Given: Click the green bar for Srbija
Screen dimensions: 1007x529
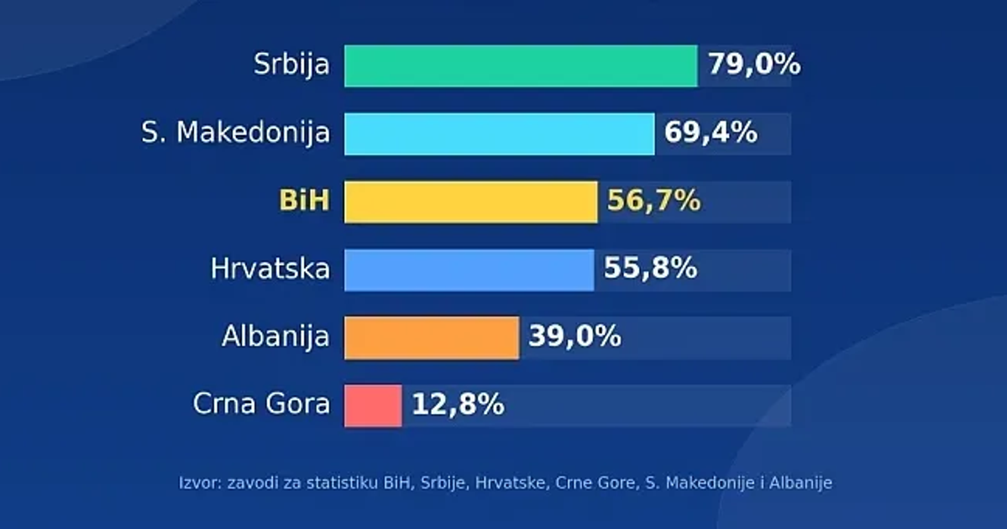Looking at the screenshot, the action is click(521, 65).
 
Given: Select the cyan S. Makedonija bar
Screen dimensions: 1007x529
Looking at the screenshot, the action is click(500, 134).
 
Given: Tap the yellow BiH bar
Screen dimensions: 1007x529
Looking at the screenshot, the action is click(471, 202).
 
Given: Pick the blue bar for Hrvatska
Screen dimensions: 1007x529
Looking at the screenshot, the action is click(469, 270).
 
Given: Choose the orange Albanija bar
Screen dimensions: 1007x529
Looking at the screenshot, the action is click(432, 338).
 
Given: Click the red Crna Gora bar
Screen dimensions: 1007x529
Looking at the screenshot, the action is click(373, 406).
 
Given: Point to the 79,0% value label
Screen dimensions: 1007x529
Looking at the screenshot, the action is click(754, 64).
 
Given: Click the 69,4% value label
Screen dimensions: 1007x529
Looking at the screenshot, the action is click(711, 133).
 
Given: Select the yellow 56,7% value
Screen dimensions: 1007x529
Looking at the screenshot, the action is click(653, 201).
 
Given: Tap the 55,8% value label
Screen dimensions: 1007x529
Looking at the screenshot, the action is click(650, 269).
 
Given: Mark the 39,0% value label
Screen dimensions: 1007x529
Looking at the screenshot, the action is click(574, 337).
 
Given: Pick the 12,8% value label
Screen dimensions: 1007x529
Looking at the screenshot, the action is click(458, 405).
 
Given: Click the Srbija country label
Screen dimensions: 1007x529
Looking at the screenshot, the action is click(291, 65).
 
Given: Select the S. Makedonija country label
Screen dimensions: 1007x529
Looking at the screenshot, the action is click(236, 133).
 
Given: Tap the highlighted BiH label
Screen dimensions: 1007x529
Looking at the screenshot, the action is click(304, 201).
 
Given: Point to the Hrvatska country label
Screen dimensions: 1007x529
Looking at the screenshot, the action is click(270, 269).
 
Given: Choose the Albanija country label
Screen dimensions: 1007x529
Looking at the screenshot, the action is click(275, 337).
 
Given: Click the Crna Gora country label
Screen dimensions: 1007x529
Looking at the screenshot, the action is click(261, 404).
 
